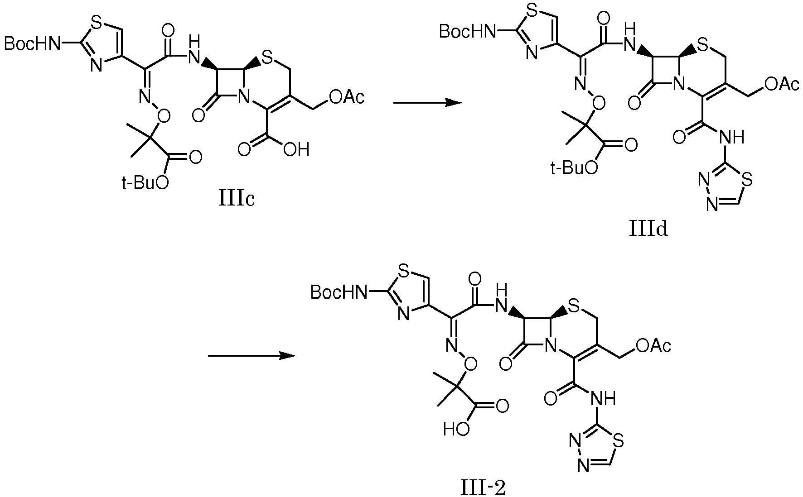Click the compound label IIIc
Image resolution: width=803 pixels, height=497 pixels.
[236, 199]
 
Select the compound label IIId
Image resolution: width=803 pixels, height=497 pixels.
[648, 229]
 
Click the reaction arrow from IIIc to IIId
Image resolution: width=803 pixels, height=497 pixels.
[427, 103]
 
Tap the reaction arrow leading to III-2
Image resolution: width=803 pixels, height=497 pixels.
[252, 356]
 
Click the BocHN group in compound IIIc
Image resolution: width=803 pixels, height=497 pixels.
[33, 43]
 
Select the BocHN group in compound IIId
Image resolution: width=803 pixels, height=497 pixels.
[467, 31]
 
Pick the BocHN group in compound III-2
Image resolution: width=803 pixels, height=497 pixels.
[339, 293]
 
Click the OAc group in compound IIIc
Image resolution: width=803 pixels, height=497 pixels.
[346, 97]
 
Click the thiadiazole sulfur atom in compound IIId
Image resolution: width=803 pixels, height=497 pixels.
[747, 180]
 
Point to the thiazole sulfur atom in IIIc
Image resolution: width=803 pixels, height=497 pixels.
[96, 21]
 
